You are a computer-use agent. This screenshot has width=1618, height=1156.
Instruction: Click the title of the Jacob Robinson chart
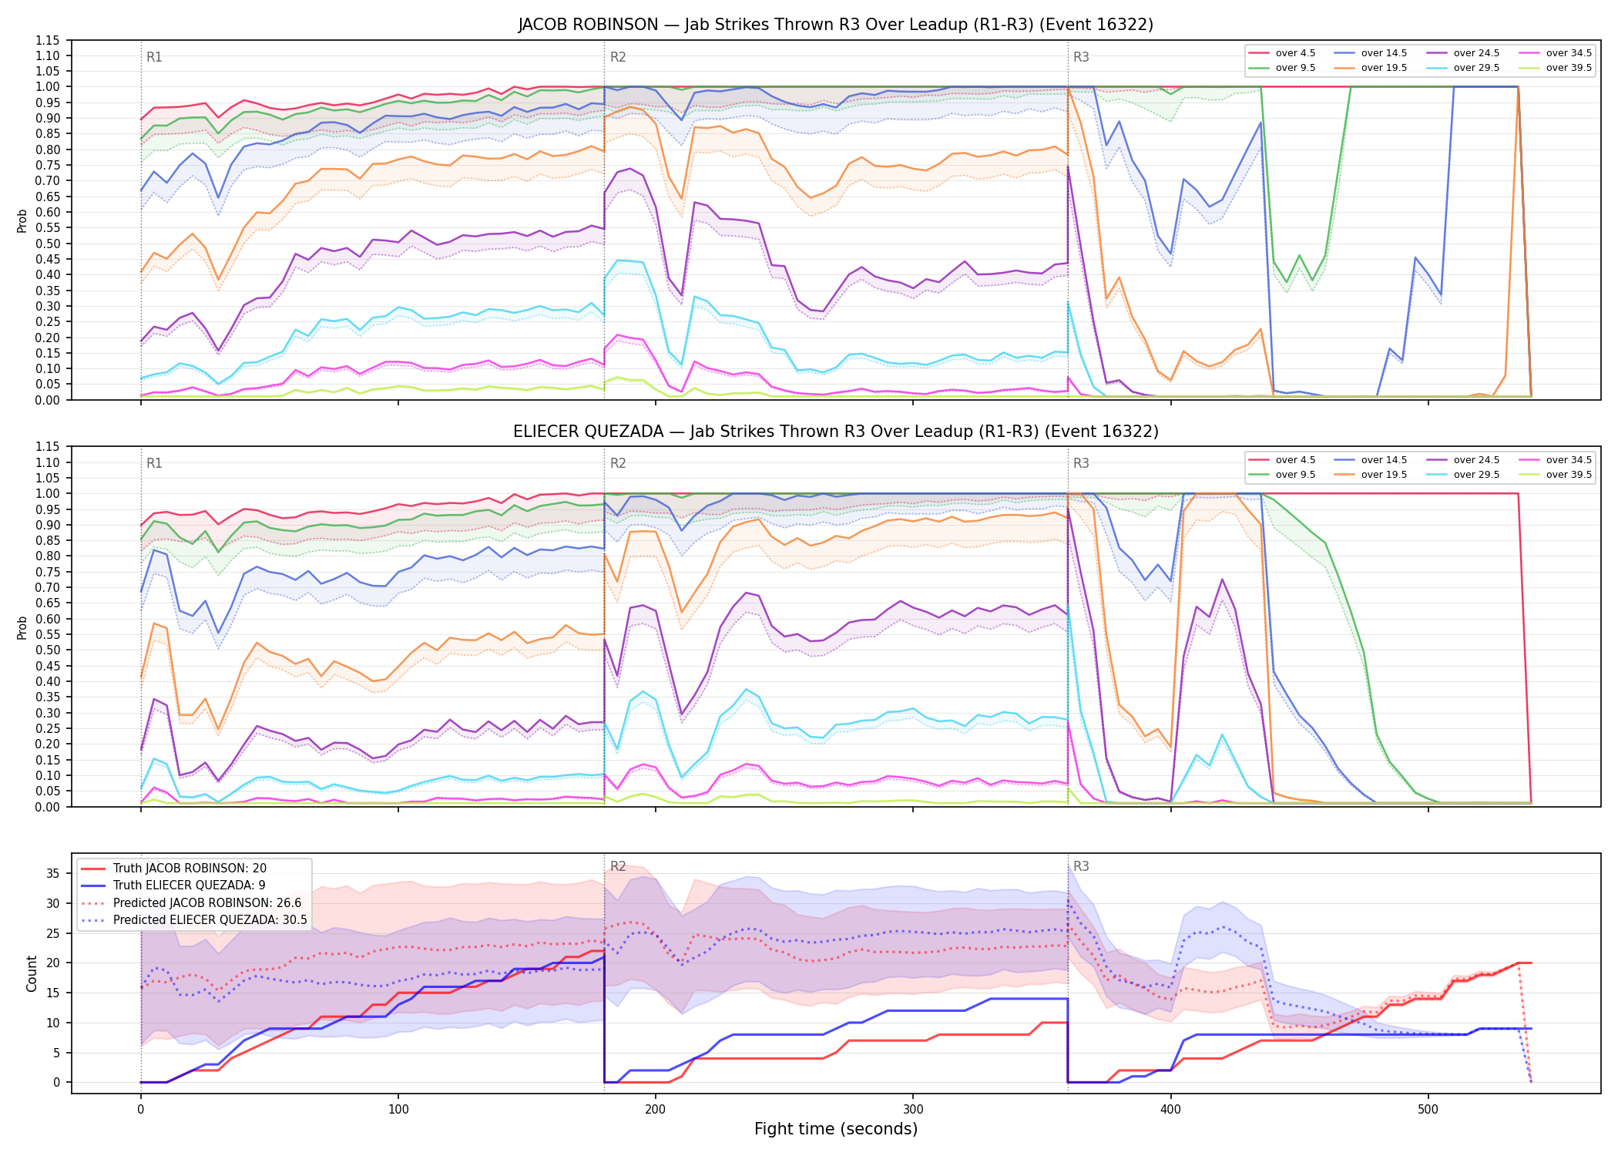(835, 25)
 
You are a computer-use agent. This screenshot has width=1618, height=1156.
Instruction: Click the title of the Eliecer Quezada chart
(835, 432)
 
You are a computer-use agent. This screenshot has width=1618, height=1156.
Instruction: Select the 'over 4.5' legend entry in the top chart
(1282, 53)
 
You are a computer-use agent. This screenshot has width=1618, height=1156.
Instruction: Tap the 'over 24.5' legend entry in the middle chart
(1462, 460)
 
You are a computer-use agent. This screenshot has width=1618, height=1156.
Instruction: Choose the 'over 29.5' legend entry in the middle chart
(1462, 475)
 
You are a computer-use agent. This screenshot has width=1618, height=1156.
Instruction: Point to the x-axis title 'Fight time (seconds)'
(836, 1129)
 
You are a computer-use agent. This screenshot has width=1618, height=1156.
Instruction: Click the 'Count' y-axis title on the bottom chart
(32, 973)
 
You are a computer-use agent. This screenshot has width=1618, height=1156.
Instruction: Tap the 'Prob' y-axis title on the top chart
(22, 220)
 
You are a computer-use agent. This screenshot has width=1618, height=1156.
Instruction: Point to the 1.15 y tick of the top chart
(48, 40)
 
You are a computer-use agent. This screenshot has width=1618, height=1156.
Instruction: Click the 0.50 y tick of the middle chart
(48, 650)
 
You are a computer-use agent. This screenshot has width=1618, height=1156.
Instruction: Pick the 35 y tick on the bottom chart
(53, 873)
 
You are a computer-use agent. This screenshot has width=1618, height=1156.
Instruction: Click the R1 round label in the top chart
(154, 57)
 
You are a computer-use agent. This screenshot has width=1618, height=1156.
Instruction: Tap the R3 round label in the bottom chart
(1081, 866)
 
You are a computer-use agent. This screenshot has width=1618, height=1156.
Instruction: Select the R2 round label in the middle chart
(618, 463)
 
